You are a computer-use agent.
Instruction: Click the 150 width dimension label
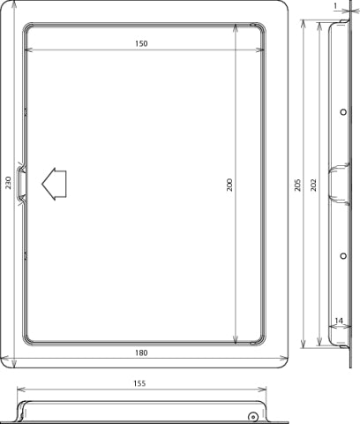(x=142, y=44)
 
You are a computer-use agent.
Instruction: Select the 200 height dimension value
(x=228, y=185)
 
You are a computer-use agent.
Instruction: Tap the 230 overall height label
(x=8, y=183)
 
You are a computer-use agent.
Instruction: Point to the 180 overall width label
(x=142, y=352)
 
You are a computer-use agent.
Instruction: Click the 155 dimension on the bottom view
(x=142, y=383)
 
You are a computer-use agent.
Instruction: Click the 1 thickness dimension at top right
(x=336, y=6)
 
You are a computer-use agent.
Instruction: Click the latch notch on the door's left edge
(x=23, y=183)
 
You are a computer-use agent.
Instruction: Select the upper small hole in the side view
(x=342, y=111)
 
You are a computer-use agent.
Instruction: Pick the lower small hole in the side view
(x=342, y=256)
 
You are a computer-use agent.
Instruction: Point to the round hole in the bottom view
(x=252, y=417)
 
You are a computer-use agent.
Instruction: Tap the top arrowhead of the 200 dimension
(x=236, y=26)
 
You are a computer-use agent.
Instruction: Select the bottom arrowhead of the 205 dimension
(x=304, y=345)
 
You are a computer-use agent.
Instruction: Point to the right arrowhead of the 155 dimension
(x=266, y=389)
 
